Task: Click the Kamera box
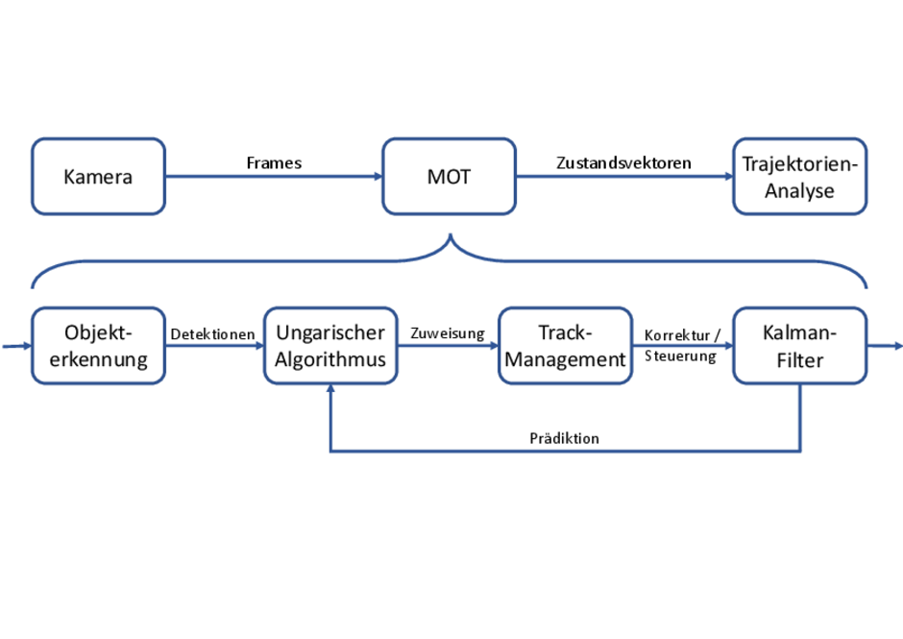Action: pos(99,176)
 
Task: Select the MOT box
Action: pos(450,176)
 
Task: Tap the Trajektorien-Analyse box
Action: pos(800,176)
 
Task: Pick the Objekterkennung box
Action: pos(99,346)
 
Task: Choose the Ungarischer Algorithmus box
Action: pos(330,346)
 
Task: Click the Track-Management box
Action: pos(566,346)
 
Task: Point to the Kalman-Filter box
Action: pos(800,346)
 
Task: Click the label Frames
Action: pos(274,163)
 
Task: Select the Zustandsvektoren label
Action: pos(623,163)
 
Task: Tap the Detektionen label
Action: pos(212,334)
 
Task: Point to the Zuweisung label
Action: pos(448,333)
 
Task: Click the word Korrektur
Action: pos(677,335)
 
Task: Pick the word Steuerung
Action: pos(680,356)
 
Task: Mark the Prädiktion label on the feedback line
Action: pos(565,438)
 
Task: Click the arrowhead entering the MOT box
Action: pos(378,176)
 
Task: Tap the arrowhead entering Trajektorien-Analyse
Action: pos(729,176)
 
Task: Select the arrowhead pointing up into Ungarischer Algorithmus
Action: pos(330,389)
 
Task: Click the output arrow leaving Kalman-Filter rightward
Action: pos(885,346)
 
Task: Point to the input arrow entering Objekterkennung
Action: pos(17,346)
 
